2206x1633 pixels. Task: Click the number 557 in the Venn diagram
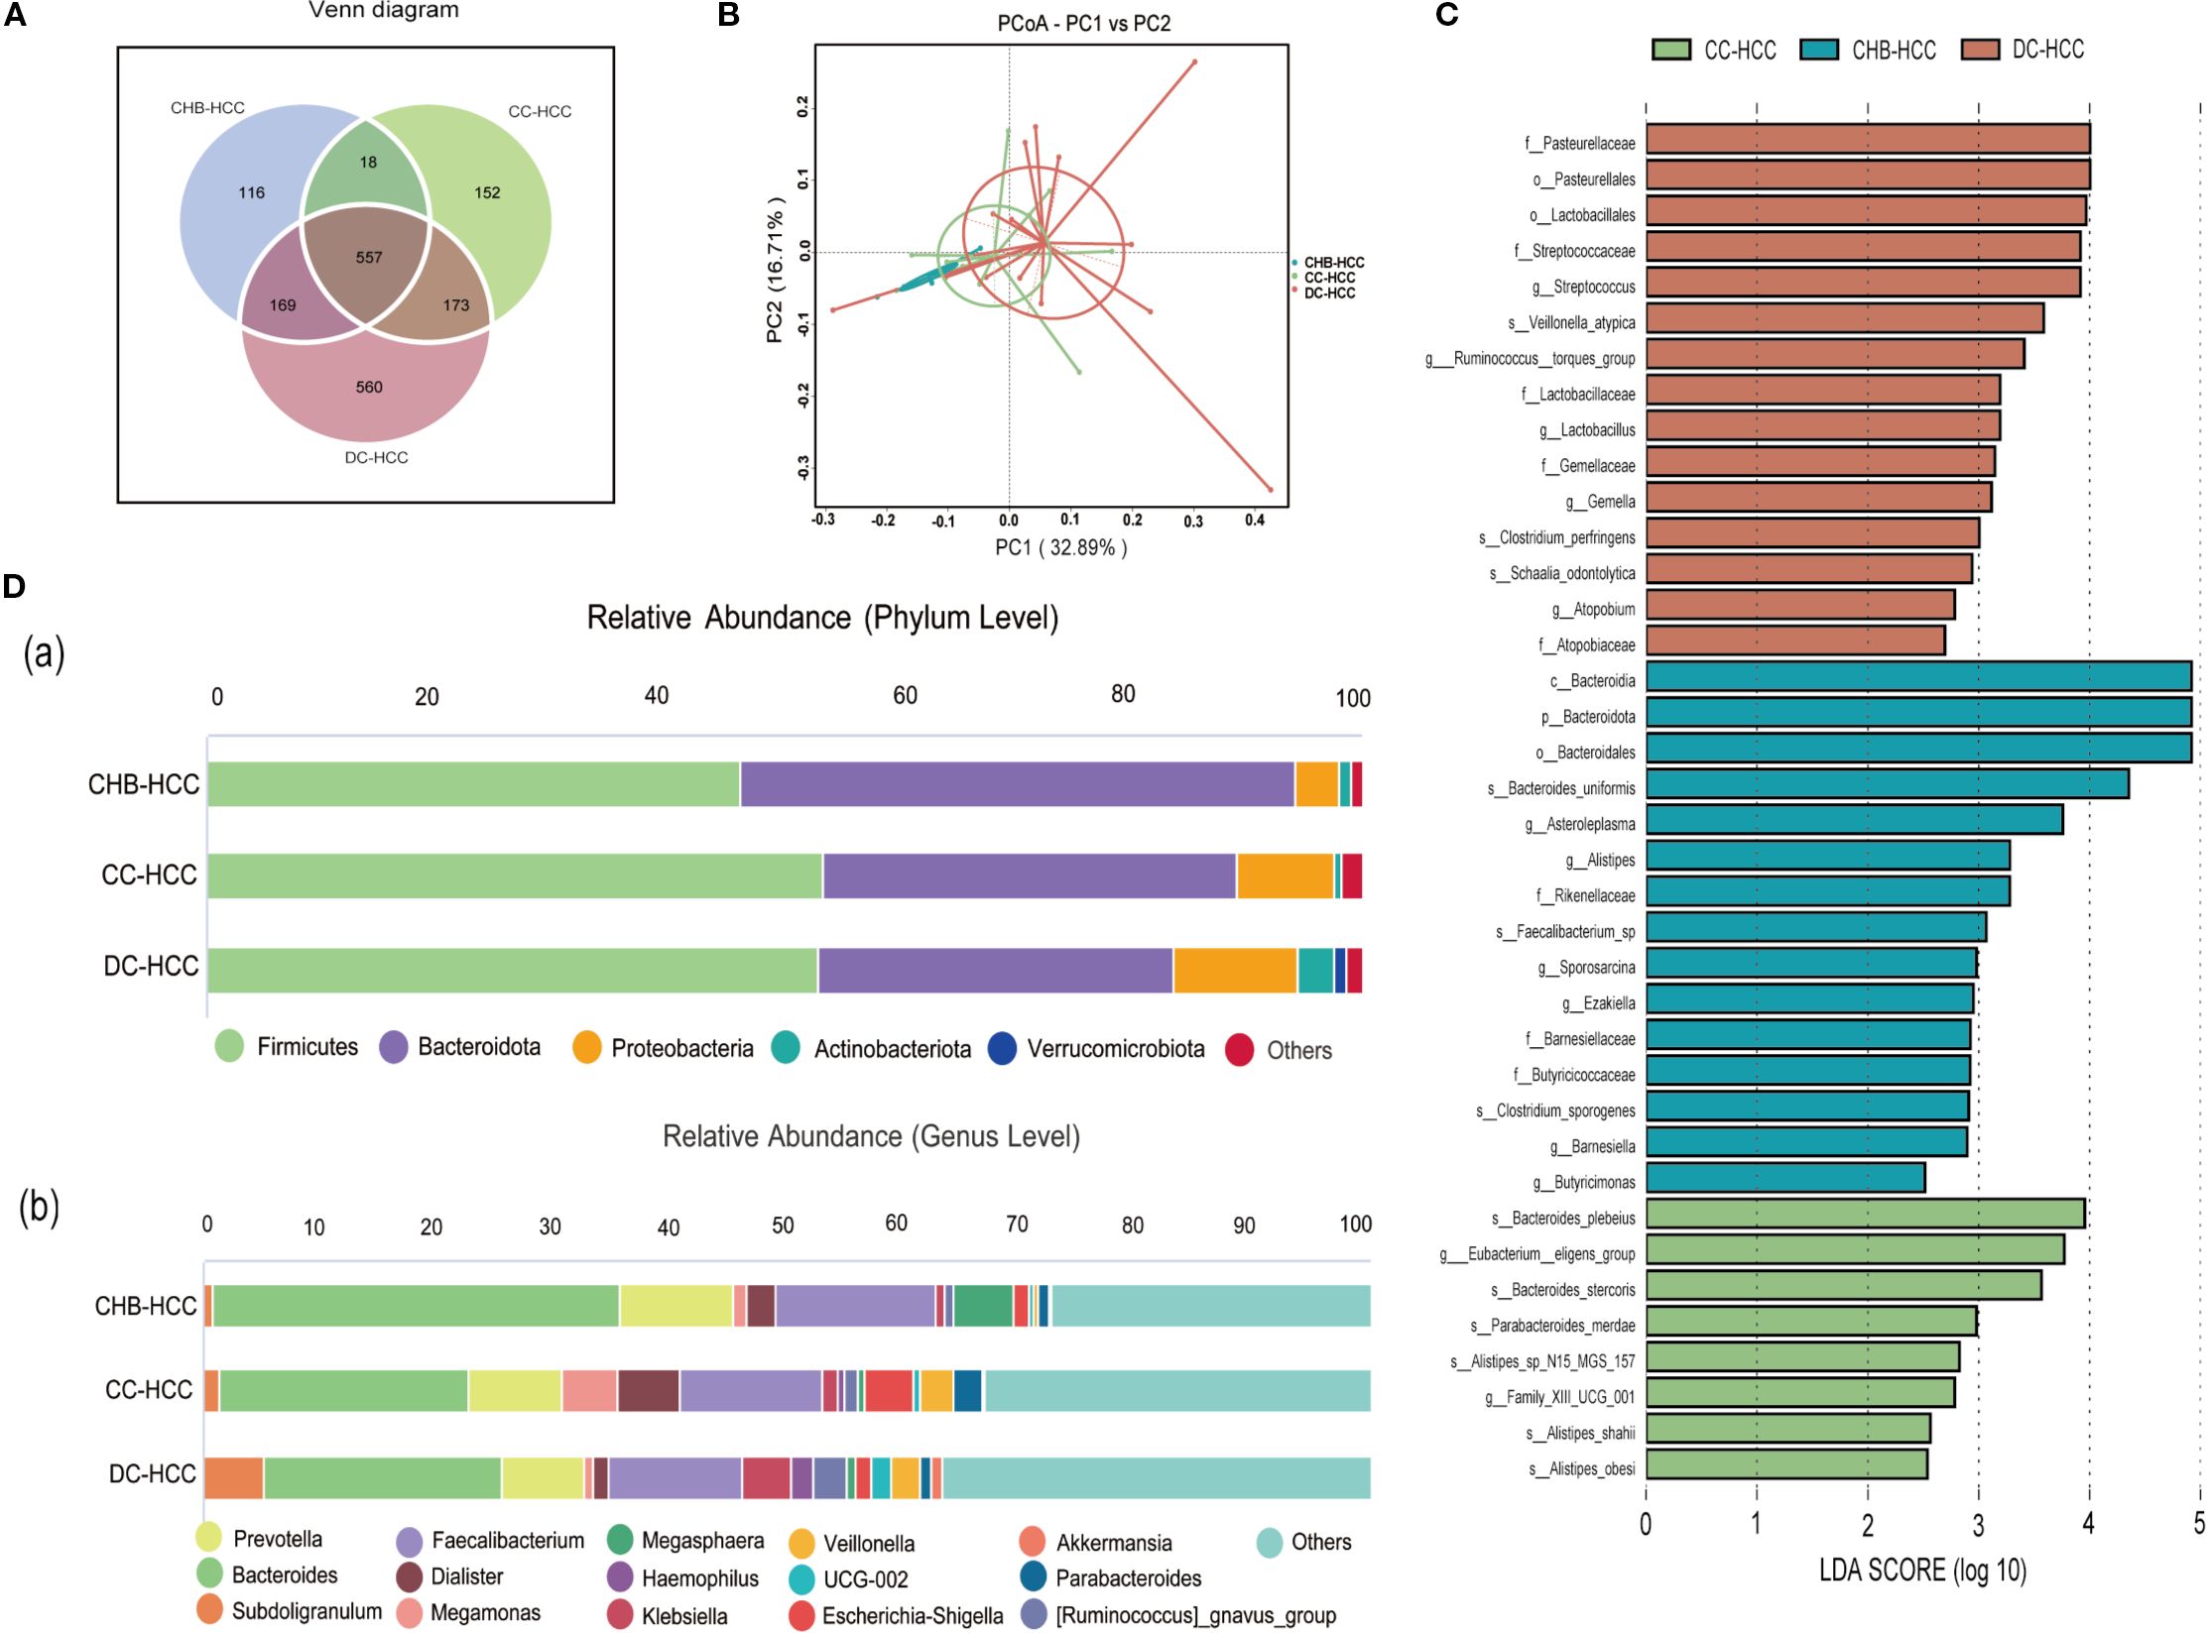coord(369,258)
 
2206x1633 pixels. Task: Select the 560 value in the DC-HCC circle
coord(369,388)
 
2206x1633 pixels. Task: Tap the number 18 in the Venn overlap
coord(368,163)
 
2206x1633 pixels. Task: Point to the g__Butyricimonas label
coord(1583,1182)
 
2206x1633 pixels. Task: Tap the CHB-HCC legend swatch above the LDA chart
coord(1819,50)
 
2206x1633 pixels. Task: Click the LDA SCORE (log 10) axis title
coord(1922,1571)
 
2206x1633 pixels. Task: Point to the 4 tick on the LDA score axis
coord(2088,1525)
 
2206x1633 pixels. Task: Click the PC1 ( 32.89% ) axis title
coord(1060,547)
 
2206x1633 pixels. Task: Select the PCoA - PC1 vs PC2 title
coord(1083,23)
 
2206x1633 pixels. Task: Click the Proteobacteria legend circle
coord(587,1048)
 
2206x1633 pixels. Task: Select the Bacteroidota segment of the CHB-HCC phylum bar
coord(1017,784)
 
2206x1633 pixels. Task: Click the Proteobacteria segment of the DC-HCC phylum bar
coord(1235,970)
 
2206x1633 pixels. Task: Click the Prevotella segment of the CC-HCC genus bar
coord(514,1390)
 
